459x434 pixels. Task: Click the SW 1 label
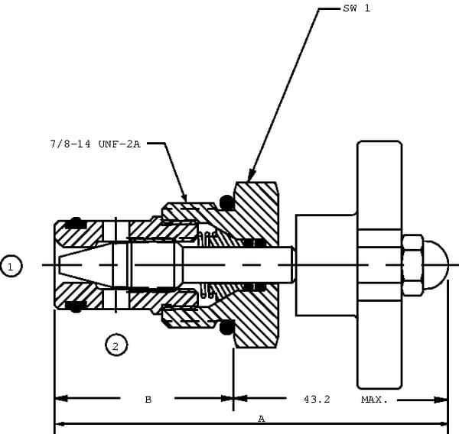pos(357,8)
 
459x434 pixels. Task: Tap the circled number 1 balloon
pos(11,266)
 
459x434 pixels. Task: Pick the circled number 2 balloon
pos(116,345)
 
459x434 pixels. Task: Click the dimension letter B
pos(148,399)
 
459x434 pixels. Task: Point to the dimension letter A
pos(261,419)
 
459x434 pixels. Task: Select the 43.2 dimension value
pos(317,399)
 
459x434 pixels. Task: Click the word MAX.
pos(374,399)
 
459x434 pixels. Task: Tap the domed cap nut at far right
pos(435,265)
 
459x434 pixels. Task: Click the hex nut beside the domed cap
pos(412,265)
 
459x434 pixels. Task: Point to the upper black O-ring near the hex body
pos(226,202)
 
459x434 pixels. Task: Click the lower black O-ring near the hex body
pos(226,328)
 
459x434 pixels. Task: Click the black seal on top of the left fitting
pos(75,223)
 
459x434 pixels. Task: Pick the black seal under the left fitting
pos(75,306)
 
